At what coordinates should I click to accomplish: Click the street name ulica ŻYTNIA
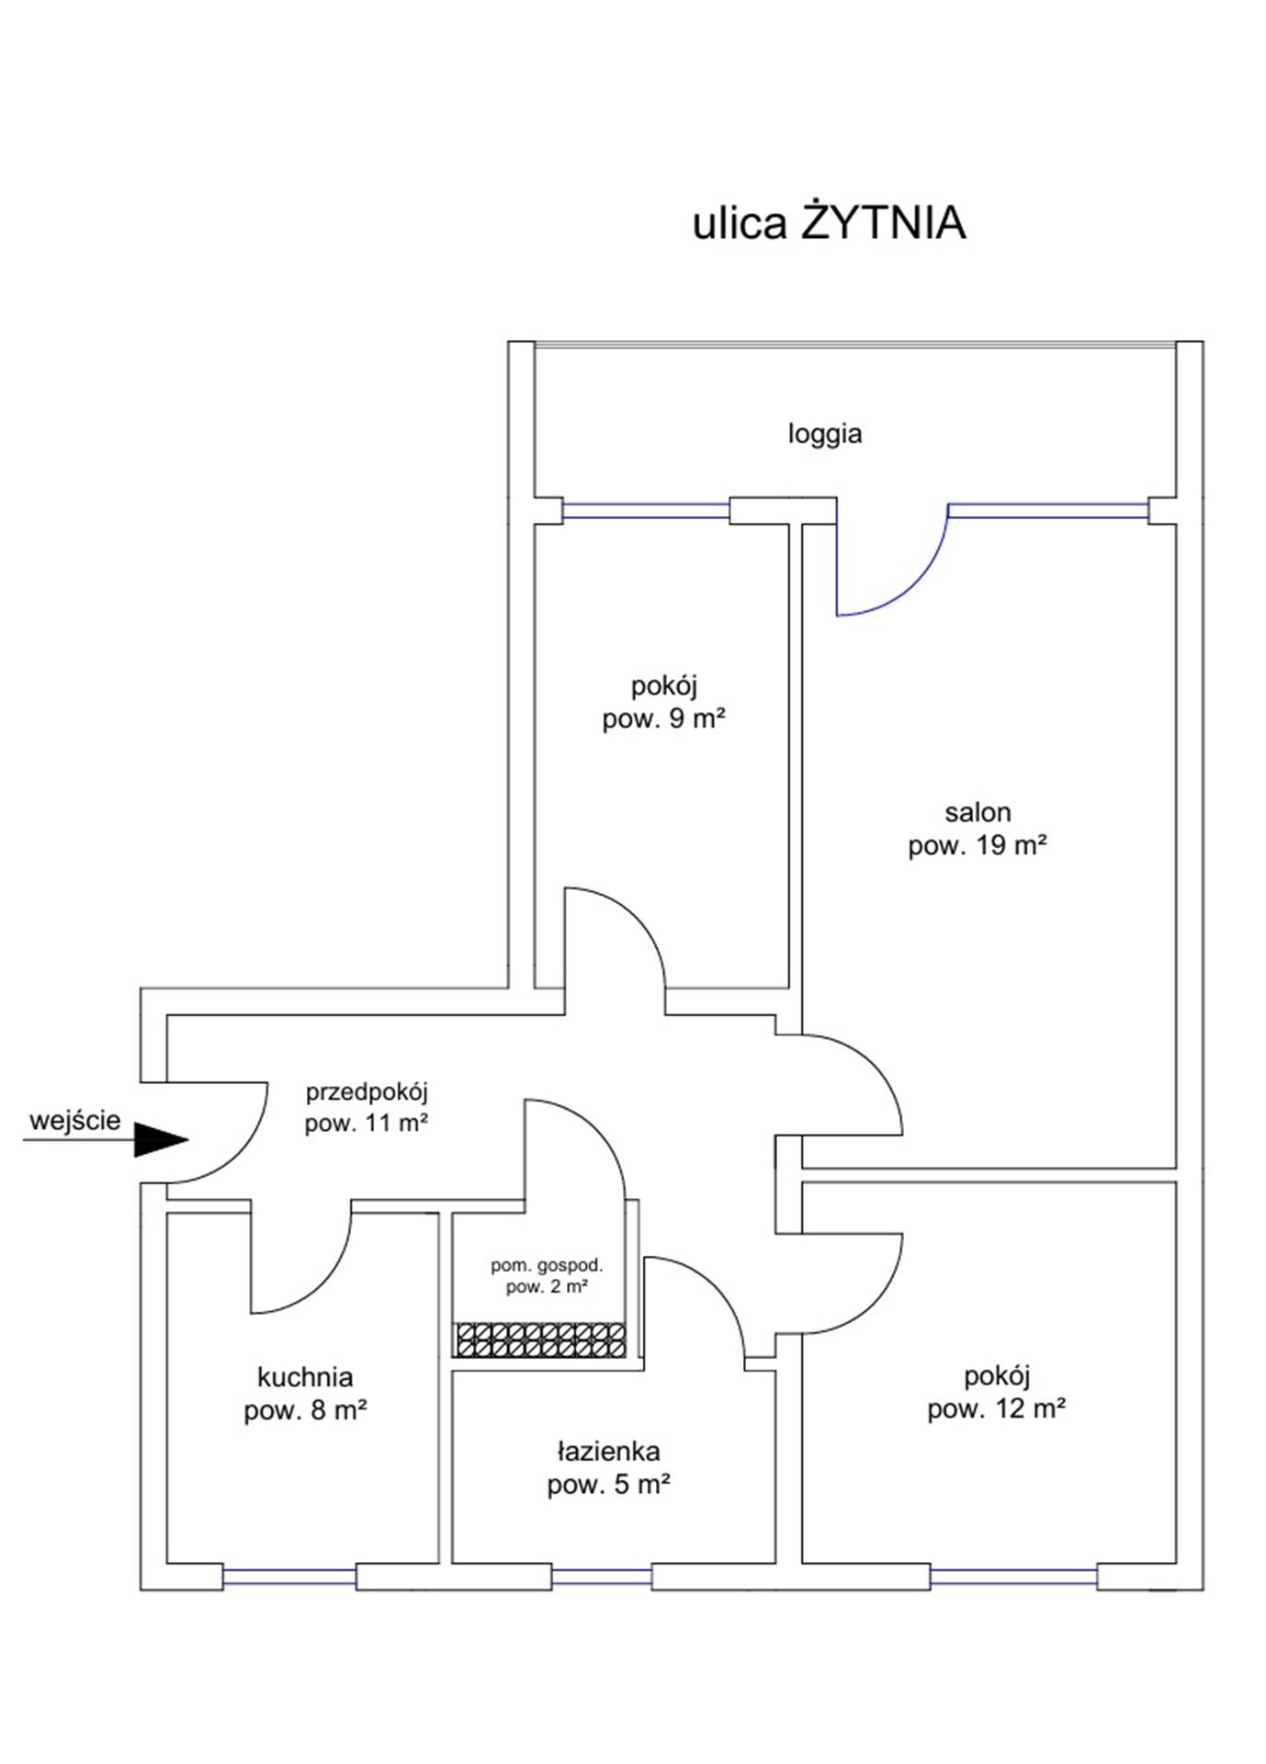(x=828, y=223)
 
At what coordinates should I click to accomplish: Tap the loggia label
(x=824, y=433)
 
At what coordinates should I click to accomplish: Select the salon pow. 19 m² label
(x=978, y=829)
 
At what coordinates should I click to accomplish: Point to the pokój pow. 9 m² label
(x=663, y=702)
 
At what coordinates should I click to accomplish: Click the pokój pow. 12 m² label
(x=996, y=1392)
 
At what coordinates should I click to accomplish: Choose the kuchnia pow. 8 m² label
(x=305, y=1393)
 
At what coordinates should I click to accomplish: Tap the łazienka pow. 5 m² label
(x=608, y=1467)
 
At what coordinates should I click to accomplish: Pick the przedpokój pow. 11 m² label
(x=367, y=1107)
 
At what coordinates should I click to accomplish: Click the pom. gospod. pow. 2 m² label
(x=547, y=1275)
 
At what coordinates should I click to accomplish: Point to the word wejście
(x=74, y=1120)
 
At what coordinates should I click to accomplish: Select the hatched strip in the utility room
(x=540, y=1340)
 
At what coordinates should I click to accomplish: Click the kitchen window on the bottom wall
(x=289, y=1577)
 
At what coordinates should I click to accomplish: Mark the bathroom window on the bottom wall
(x=601, y=1577)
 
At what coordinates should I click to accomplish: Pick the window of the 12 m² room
(x=1013, y=1577)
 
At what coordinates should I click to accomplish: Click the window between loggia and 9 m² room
(x=646, y=511)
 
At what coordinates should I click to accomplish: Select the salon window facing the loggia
(x=1047, y=511)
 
